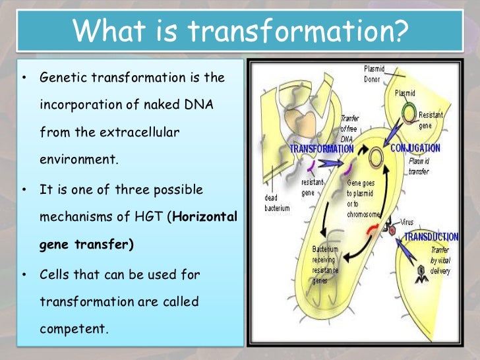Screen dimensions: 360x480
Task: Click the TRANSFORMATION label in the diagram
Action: (x=321, y=149)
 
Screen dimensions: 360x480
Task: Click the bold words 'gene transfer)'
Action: (x=86, y=245)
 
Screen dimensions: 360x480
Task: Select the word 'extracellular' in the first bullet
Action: (x=140, y=132)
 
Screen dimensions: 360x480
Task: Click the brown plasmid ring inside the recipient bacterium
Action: (x=376, y=158)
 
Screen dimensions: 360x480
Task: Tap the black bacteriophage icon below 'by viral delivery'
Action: (x=421, y=275)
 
